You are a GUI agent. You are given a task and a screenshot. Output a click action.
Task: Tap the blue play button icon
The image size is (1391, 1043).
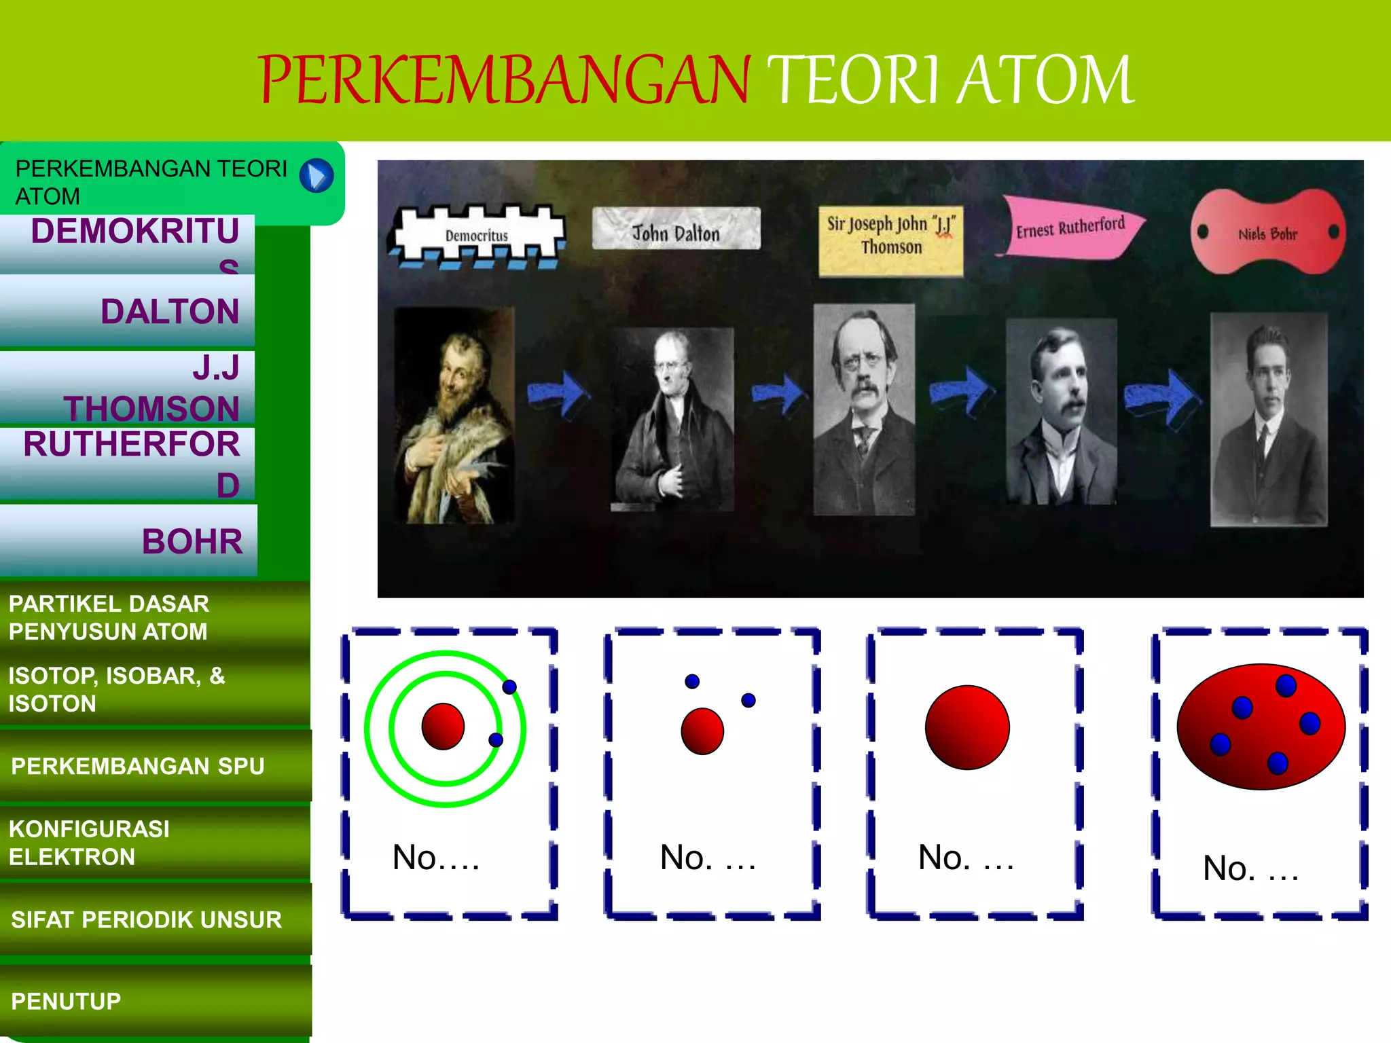[x=317, y=176]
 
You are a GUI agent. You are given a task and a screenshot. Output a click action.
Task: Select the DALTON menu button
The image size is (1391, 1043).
[x=128, y=311]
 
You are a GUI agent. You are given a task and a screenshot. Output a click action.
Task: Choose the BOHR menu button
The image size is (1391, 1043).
[x=129, y=541]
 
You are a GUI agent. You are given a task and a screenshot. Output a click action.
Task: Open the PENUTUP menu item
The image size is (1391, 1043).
[x=155, y=1001]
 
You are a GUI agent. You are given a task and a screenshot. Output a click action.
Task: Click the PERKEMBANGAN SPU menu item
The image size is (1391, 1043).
[x=155, y=766]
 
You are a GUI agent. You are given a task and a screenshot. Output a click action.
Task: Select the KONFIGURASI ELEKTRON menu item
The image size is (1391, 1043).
[x=155, y=843]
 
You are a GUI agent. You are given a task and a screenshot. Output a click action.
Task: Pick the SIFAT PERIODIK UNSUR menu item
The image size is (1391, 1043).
[x=155, y=919]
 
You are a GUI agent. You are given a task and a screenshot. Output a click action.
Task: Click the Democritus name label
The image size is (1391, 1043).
[x=477, y=236]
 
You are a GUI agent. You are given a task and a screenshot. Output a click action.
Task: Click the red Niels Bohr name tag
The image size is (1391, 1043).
[x=1267, y=234]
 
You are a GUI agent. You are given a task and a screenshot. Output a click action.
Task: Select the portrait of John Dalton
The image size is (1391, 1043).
[x=674, y=419]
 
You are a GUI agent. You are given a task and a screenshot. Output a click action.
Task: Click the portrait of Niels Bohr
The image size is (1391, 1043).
[x=1268, y=420]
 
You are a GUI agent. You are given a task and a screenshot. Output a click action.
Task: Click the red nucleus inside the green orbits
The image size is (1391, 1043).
[x=443, y=726]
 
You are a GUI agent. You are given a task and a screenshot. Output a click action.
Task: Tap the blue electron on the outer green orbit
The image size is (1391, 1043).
[x=509, y=687]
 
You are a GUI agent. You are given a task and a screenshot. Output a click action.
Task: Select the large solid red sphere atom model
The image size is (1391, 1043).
[x=967, y=727]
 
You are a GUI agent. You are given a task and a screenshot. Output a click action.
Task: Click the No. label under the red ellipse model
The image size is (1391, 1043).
[x=1250, y=868]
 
